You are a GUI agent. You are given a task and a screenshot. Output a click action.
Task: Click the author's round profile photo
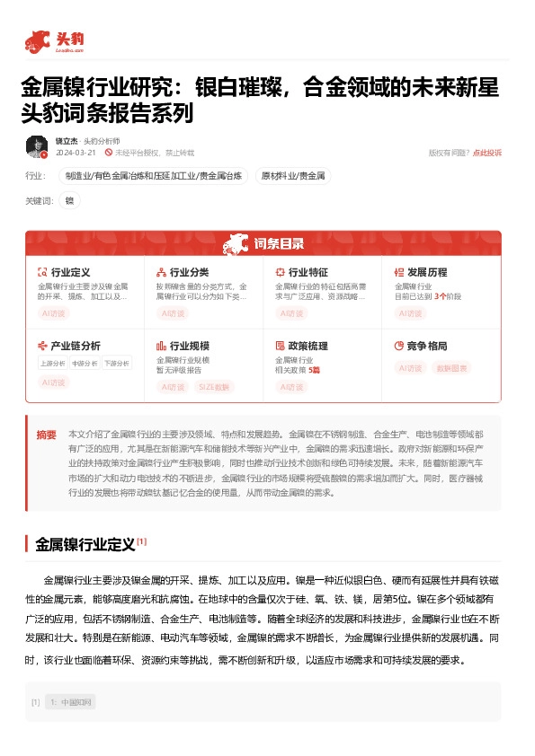tap(37, 147)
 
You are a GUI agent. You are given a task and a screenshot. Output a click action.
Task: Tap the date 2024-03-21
tap(76, 154)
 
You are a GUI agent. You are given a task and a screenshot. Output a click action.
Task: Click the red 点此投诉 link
tap(487, 154)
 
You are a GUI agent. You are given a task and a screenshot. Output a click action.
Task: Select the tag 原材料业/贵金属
tap(293, 176)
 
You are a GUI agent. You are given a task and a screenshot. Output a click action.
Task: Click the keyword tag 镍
tap(69, 200)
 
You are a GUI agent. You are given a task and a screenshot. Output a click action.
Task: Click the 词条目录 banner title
tap(279, 243)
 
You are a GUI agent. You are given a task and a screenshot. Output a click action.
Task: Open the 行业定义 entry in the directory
tap(69, 272)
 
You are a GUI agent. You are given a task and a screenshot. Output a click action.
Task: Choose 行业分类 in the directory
tap(189, 272)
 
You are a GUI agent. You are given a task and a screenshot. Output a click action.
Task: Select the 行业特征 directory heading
tap(308, 272)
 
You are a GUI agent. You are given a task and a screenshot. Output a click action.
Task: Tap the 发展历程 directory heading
tap(426, 272)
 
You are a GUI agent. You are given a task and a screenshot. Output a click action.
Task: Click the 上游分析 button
tap(53, 364)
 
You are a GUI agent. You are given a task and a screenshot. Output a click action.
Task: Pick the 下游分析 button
tap(115, 364)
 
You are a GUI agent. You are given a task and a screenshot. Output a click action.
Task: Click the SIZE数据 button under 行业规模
tap(213, 387)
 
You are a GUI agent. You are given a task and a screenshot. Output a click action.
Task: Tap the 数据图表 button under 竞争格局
tap(453, 368)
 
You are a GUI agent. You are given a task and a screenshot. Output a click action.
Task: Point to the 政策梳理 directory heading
tap(308, 346)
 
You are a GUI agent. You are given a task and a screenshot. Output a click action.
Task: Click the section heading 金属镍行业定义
tap(85, 544)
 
